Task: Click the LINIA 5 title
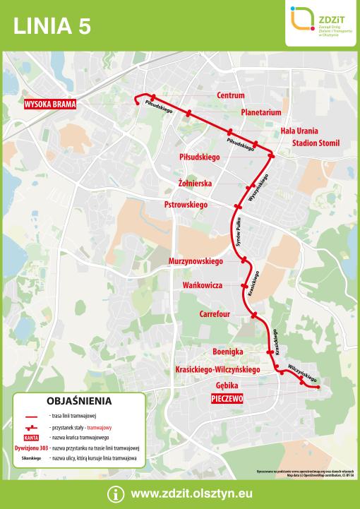click(x=52, y=26)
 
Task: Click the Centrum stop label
click(x=230, y=95)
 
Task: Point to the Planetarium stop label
click(x=260, y=112)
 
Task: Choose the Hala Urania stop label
click(x=299, y=131)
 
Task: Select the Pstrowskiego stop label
click(x=185, y=204)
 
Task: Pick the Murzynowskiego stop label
click(x=196, y=261)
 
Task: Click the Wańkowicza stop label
click(x=203, y=285)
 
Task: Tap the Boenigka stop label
click(x=227, y=351)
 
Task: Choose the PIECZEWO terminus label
click(x=227, y=399)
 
